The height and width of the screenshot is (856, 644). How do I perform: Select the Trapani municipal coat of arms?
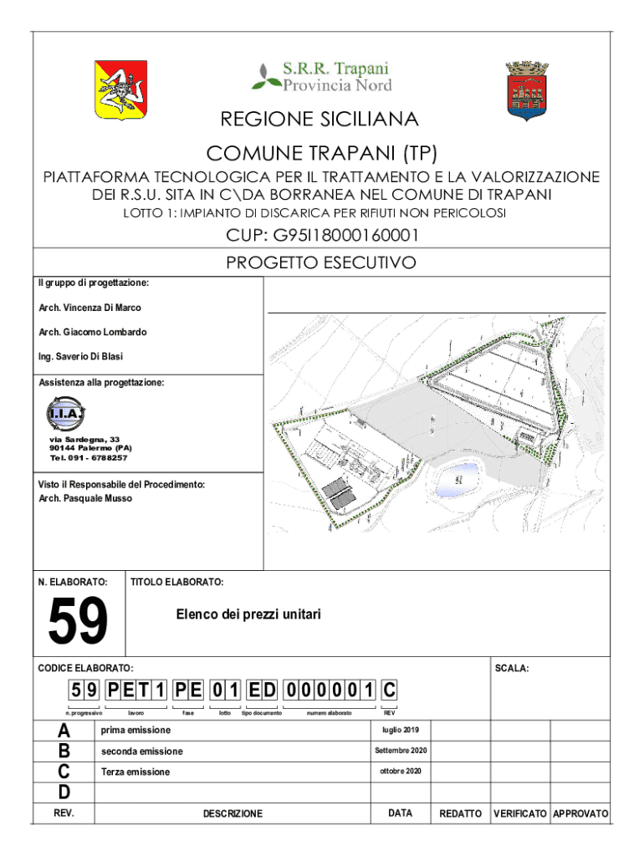[x=526, y=89]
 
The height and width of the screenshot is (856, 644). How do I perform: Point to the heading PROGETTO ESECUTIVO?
[x=322, y=263]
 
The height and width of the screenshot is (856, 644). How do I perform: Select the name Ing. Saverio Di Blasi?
[x=80, y=356]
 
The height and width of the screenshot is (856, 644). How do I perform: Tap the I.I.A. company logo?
[x=65, y=413]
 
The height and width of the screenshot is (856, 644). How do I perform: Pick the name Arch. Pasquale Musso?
[x=85, y=498]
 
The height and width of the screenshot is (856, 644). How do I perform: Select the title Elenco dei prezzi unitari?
[x=248, y=614]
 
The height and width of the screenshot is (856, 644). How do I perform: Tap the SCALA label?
[x=512, y=669]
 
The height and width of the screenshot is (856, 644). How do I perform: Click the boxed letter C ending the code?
[x=389, y=691]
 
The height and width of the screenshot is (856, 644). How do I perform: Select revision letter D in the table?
[x=64, y=792]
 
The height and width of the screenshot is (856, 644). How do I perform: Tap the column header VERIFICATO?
[x=519, y=813]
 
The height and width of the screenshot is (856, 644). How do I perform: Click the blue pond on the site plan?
[x=454, y=478]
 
